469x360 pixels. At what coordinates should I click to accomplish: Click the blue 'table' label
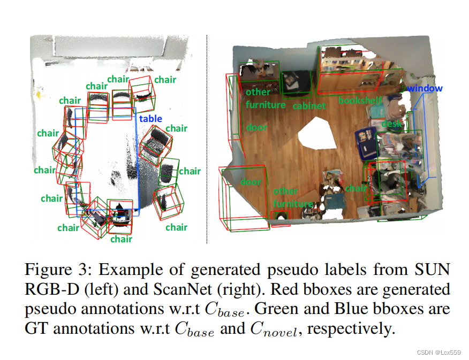tap(150, 119)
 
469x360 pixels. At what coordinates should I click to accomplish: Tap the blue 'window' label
tap(425, 88)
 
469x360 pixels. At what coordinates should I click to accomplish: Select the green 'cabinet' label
tap(309, 106)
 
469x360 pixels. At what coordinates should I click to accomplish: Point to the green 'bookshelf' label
tap(360, 100)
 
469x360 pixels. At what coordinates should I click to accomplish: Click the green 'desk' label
tap(391, 124)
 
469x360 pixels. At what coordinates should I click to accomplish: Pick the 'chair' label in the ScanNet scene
tap(357, 188)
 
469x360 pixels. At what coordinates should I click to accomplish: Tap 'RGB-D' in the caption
tap(49, 289)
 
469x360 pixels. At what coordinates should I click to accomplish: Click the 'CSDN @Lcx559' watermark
tap(440, 353)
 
